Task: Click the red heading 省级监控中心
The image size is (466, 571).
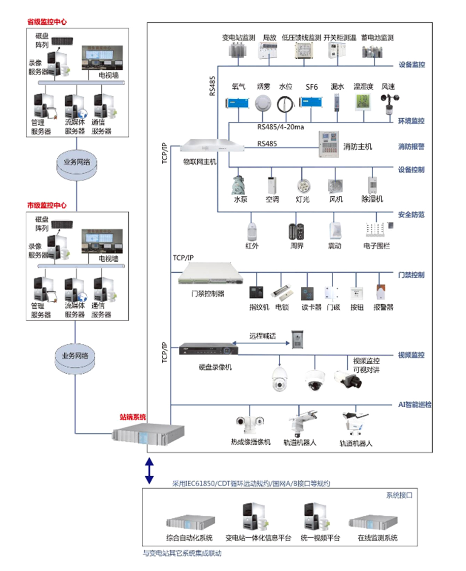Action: tap(47, 22)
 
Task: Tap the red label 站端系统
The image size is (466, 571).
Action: tap(132, 417)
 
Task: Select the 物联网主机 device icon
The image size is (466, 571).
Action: tap(212, 146)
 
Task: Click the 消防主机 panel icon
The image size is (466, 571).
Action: tap(329, 145)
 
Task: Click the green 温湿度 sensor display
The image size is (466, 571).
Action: tap(363, 102)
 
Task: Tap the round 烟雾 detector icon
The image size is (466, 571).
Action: tap(263, 103)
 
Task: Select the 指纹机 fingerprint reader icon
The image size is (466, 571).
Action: tap(256, 293)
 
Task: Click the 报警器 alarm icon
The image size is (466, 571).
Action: tap(381, 292)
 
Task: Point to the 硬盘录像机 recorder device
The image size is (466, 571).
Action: tap(208, 349)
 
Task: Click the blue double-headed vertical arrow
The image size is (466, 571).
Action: tap(149, 471)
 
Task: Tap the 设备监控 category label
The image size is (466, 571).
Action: tap(411, 65)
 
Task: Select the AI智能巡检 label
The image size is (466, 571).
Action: tap(414, 404)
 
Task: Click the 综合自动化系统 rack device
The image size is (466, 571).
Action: tap(190, 522)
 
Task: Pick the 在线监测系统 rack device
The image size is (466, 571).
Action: tap(373, 522)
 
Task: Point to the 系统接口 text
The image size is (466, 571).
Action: tap(399, 495)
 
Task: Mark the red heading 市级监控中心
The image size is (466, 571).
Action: tap(47, 205)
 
